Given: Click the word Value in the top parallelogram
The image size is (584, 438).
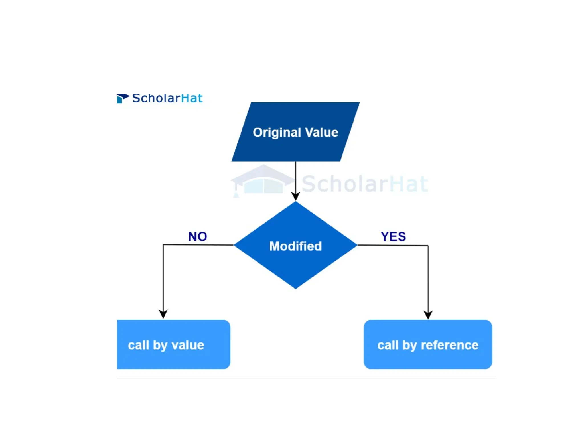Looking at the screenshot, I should (321, 133).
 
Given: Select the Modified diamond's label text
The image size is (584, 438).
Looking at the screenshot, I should (295, 246).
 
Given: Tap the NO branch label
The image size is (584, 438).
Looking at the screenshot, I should (198, 236).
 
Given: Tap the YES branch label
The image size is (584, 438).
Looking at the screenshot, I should (393, 236).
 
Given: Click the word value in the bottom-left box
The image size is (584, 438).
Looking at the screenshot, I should (188, 345).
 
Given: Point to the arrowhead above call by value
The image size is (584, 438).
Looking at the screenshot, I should (163, 314).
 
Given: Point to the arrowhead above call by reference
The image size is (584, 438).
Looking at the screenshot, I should (428, 315).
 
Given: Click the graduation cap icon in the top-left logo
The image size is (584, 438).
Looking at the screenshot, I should (123, 98).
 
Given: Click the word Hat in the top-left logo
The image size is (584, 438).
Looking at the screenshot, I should (192, 98).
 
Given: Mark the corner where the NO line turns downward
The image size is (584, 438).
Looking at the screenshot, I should (163, 245).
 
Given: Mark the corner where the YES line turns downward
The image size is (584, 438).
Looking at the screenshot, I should (428, 246).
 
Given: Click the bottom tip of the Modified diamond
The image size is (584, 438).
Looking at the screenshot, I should (296, 288).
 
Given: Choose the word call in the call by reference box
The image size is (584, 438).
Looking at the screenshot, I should (388, 345).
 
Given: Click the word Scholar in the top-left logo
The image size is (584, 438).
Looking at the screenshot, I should (156, 98).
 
